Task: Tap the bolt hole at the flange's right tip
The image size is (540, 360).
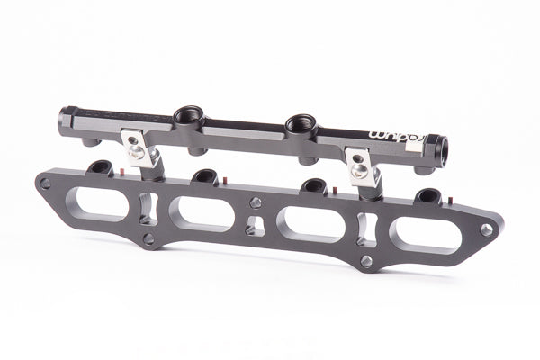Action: point(487,231)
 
